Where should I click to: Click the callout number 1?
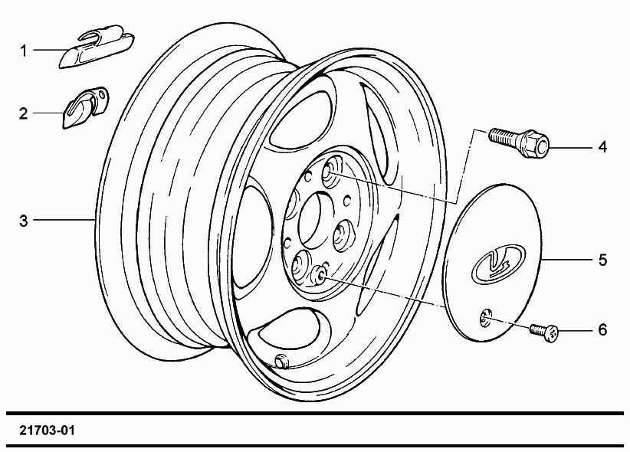pyautogui.click(x=24, y=51)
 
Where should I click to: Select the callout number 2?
pyautogui.click(x=24, y=113)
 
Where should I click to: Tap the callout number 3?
pyautogui.click(x=24, y=221)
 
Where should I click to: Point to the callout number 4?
pyautogui.click(x=602, y=147)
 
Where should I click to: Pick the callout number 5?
pyautogui.click(x=602, y=260)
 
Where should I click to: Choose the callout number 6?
pyautogui.click(x=602, y=330)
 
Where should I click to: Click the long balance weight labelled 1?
pyautogui.click(x=97, y=47)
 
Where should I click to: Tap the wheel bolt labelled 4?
pyautogui.click(x=519, y=143)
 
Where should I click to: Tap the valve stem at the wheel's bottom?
pyautogui.click(x=281, y=361)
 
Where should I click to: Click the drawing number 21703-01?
pyautogui.click(x=47, y=431)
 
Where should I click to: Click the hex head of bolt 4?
pyautogui.click(x=533, y=144)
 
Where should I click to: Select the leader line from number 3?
pyautogui.click(x=64, y=220)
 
